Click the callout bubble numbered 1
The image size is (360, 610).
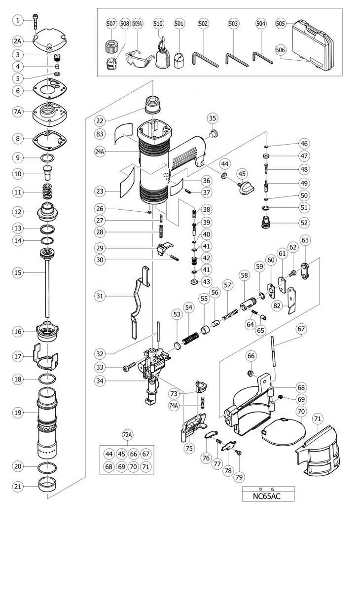pos(18,20)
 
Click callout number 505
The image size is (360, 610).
pos(281,23)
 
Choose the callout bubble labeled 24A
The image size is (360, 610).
pos(100,152)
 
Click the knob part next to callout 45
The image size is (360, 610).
pos(246,188)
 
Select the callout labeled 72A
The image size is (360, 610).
pos(127,435)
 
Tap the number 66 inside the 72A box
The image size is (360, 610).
pos(133,454)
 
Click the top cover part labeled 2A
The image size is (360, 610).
pos(49,41)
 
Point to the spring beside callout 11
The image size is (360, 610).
pos(48,191)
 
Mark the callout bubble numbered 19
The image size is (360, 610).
pos(18,413)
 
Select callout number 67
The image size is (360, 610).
pos(301,329)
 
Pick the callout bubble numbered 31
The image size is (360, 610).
pos(100,296)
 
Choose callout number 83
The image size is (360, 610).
pos(100,134)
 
